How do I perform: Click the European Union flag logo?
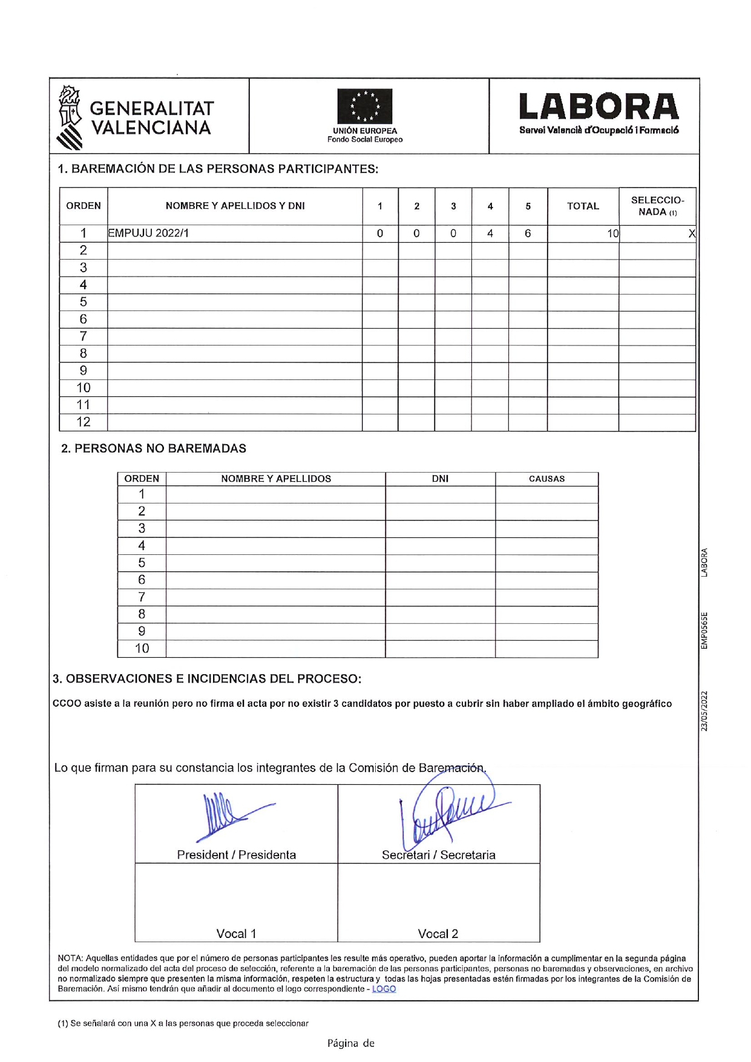click(x=364, y=107)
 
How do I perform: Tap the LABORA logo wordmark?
click(x=599, y=107)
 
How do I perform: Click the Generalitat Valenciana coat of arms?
click(x=70, y=117)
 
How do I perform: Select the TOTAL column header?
click(x=583, y=206)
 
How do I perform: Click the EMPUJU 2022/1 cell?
click(x=148, y=234)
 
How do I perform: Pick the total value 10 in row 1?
click(x=612, y=234)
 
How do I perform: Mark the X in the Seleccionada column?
click(x=692, y=234)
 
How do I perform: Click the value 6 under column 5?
click(x=528, y=234)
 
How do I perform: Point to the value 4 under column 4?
click(x=490, y=234)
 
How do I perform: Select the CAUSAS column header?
click(x=546, y=479)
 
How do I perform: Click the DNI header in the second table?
click(x=440, y=479)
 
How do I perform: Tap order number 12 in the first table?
click(x=84, y=422)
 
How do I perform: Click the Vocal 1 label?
click(x=236, y=934)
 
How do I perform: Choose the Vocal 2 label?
click(x=438, y=934)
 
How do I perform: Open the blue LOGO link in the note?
click(x=384, y=989)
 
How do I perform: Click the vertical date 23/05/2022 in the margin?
click(x=704, y=710)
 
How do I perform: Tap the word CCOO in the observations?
click(x=67, y=704)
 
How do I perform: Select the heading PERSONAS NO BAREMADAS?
click(x=154, y=448)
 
